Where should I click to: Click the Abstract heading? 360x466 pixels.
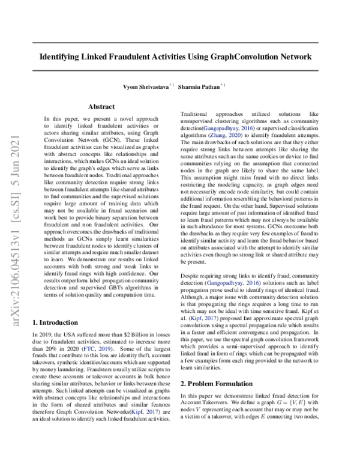coord(101,106)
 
